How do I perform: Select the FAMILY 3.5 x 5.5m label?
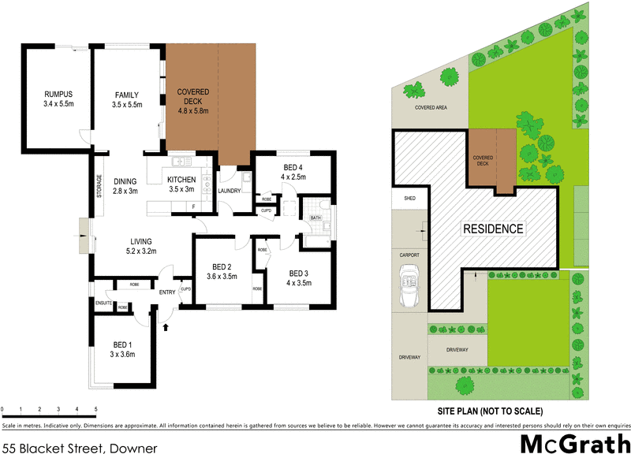[x=126, y=99]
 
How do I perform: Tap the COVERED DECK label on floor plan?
[x=192, y=101]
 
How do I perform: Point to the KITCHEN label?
[x=181, y=184]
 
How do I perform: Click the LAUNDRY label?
[x=231, y=189]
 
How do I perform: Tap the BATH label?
[x=315, y=218]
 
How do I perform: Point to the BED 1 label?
[x=121, y=349]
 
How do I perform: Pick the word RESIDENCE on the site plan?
[x=493, y=229]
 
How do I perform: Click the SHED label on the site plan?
[x=409, y=198]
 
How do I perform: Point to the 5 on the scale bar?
[x=96, y=409]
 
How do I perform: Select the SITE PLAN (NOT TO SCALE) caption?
[x=489, y=411]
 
